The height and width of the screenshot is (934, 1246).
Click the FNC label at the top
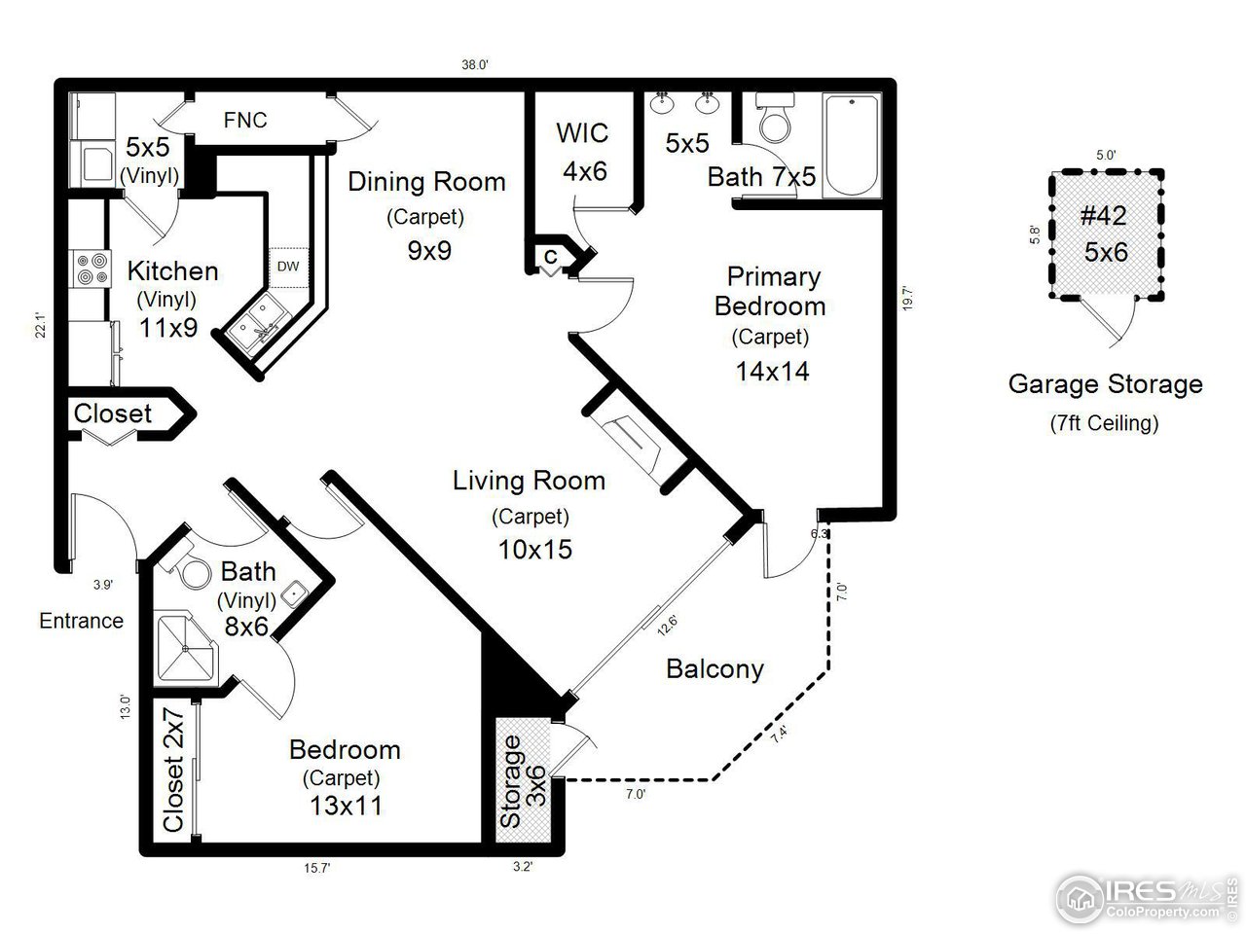pos(244,121)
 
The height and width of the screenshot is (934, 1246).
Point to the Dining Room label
pos(426,181)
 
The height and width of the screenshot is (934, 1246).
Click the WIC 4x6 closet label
pos(582,151)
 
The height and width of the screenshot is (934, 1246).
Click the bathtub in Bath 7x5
pos(852,146)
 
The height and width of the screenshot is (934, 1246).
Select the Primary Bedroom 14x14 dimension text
pos(773,371)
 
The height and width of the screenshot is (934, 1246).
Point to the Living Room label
pos(529,481)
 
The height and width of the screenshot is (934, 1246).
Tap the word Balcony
pos(715,668)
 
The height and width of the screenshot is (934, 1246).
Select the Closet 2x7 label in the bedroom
pos(172,771)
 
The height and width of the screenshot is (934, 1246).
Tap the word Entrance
pos(81,621)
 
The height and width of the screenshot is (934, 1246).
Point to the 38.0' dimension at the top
pos(474,65)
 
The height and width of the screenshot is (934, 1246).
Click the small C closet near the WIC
pos(551,257)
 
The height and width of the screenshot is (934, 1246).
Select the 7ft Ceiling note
pos(1104,423)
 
